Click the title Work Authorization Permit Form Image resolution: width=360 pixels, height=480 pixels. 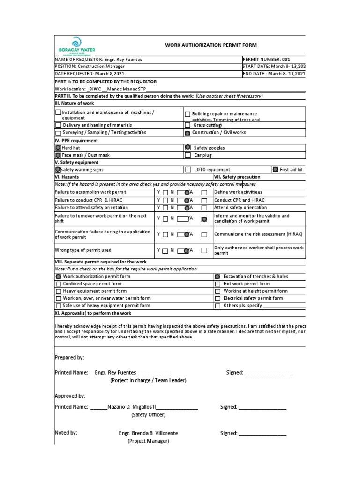pos(210,45)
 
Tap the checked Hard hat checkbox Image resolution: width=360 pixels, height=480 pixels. pos(58,148)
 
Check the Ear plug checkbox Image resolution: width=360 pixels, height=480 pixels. pos(188,155)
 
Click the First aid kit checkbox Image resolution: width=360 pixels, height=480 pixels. pos(275,170)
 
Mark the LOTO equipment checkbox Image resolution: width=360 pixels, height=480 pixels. pos(188,170)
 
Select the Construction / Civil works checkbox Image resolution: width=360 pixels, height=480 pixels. pos(187,133)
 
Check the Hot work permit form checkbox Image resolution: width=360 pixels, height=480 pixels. pos(217,284)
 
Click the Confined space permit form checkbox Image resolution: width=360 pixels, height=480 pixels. pos(58,284)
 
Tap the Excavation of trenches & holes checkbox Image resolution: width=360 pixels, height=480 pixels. pos(217,277)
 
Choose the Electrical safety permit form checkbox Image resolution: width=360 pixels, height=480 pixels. pos(217,298)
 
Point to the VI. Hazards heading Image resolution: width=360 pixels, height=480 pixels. pos(67,177)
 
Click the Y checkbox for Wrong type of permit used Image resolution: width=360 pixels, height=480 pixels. pos(165,251)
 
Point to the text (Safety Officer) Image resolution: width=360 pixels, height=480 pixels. pos(148,415)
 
